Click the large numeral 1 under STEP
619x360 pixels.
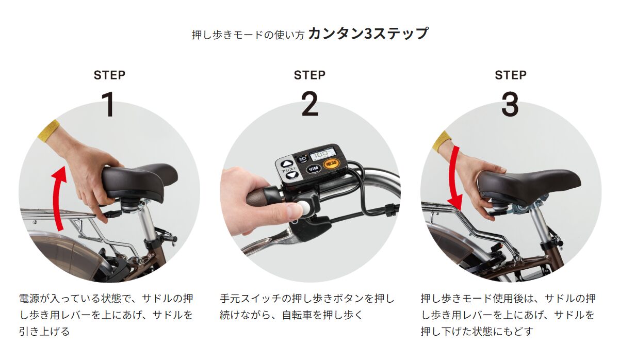(108, 104)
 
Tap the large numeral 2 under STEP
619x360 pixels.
(310, 104)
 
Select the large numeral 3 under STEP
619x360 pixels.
(510, 104)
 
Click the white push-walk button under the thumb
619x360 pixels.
(303, 208)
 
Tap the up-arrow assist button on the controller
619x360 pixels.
(286, 164)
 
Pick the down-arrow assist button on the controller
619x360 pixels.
(291, 175)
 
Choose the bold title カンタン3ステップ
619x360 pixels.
(368, 34)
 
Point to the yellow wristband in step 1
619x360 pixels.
(49, 130)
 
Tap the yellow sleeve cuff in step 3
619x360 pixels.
(442, 141)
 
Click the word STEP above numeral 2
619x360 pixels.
(309, 75)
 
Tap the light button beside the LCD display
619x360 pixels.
(302, 159)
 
